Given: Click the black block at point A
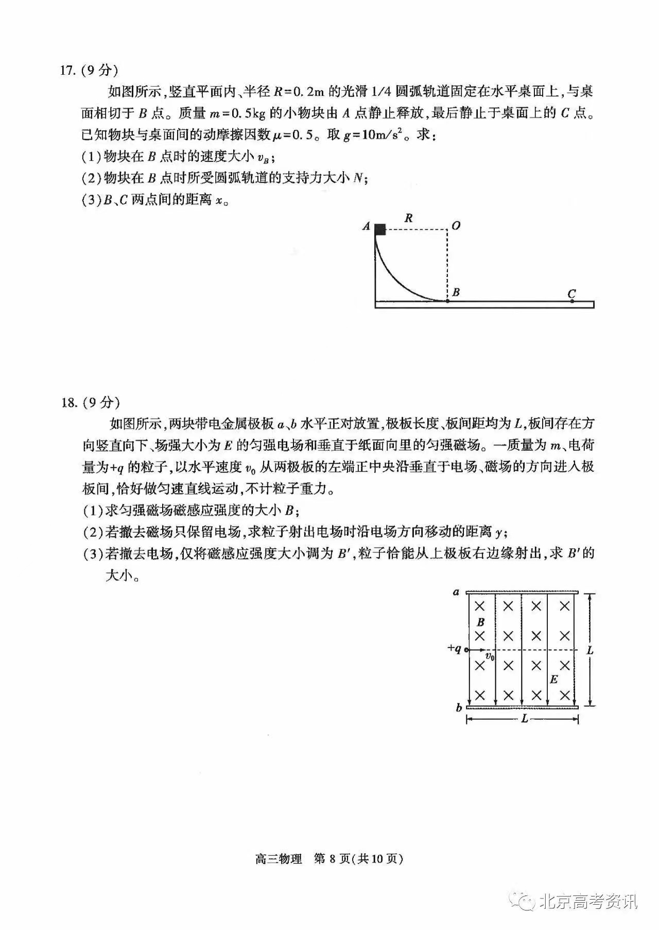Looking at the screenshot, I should (x=380, y=230).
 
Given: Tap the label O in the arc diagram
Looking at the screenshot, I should (x=456, y=226).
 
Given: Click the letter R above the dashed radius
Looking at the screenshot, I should (x=408, y=218).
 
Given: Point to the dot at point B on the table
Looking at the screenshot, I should (x=447, y=300).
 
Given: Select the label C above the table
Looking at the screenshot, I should (x=571, y=294).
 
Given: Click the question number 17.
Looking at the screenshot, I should (x=68, y=71).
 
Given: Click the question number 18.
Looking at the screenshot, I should (x=68, y=402).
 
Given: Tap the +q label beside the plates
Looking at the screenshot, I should (x=454, y=649).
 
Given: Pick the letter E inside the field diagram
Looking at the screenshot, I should (x=554, y=680).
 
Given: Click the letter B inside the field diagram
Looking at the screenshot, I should (x=481, y=622).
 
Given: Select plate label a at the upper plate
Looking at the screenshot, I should (x=456, y=592).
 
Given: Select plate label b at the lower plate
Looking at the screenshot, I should (x=458, y=708).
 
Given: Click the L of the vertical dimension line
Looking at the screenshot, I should (x=590, y=650).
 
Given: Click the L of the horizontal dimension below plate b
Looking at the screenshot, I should (x=524, y=719).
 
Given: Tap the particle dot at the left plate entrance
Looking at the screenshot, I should (x=466, y=650).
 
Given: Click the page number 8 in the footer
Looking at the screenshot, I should (x=332, y=859).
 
